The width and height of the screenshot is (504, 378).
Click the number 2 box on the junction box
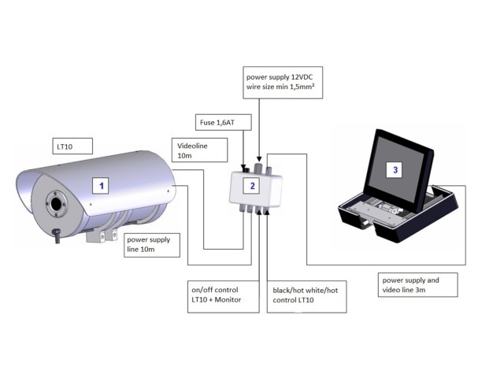pyautogui.click(x=252, y=186)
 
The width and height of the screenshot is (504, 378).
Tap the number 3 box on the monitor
pyautogui.click(x=396, y=169)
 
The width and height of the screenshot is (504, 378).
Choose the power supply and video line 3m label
pyautogui.click(x=417, y=284)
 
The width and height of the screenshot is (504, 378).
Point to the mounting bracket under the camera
pyautogui.click(x=100, y=234)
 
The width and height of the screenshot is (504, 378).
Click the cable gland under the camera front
pyautogui.click(x=57, y=234)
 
